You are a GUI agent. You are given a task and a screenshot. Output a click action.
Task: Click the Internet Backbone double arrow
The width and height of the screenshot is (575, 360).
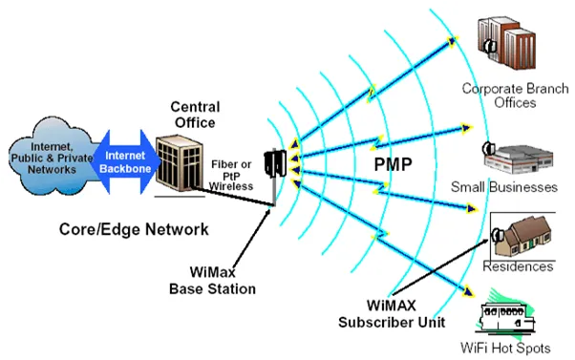pos(126,161)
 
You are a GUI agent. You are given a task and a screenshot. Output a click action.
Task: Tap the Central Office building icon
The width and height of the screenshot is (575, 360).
pos(180,163)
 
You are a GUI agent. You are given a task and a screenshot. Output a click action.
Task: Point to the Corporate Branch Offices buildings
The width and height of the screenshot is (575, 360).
pos(507,43)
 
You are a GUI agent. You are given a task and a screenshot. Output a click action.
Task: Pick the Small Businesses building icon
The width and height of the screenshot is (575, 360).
pos(518,159)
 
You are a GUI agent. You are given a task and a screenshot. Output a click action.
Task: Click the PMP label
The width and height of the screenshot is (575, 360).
pos(394,164)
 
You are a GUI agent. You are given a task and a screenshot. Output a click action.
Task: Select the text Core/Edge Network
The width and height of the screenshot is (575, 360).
pos(134,229)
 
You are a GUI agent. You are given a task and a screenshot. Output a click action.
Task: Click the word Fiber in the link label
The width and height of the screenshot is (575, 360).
pos(224,164)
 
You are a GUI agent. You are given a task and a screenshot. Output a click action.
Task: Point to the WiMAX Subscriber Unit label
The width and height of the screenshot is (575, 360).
pos(392,314)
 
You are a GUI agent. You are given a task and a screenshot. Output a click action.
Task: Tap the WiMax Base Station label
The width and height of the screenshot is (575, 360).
pos(212,281)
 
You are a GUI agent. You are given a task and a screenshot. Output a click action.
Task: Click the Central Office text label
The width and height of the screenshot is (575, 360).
pos(195,115)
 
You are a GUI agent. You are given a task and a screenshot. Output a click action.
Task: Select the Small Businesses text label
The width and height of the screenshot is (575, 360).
pos(504,187)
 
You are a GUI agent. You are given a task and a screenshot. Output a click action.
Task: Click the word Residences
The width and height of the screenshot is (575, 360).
pos(518,266)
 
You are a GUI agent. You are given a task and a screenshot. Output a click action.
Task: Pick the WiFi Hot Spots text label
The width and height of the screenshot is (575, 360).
pos(505,348)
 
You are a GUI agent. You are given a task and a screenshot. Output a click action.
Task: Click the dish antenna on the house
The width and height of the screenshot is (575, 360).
pos(498,235)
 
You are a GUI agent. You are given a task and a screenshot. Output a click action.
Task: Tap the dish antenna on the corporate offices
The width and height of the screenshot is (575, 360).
pos(490,46)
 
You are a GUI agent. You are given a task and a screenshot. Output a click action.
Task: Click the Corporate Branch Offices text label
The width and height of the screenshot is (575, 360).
pos(515,95)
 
